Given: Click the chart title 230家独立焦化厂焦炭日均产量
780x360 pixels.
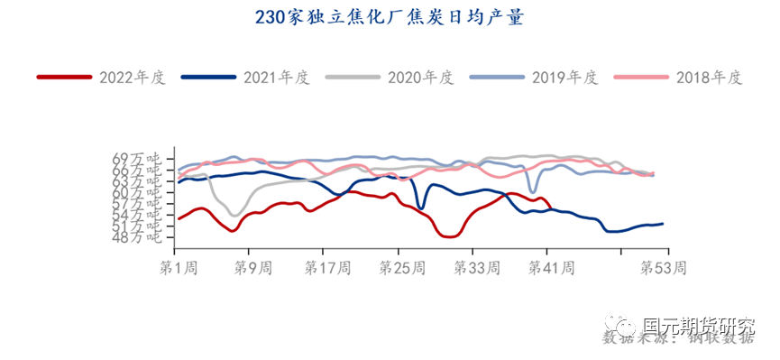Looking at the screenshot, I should point(390,19).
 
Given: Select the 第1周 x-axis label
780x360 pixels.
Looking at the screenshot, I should point(178,268).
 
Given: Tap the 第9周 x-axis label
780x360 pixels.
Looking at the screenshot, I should point(252,268).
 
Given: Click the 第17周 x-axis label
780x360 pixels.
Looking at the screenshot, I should point(327,268).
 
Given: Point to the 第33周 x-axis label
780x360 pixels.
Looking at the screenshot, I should point(475,268).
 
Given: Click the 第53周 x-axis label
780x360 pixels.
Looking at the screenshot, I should point(663,268).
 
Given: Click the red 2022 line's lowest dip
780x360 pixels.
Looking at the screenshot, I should point(450,236).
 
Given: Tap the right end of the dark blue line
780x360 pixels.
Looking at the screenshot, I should point(663,224).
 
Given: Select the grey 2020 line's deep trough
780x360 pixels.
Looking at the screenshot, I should point(234,215).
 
